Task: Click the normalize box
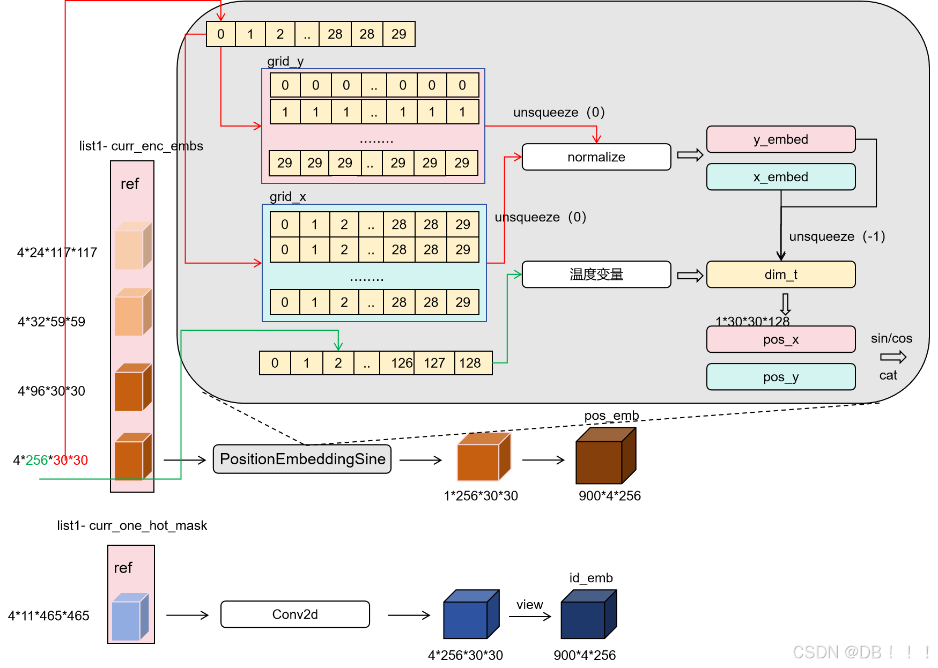tap(596, 157)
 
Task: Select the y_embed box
tap(780, 139)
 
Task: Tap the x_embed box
tap(780, 177)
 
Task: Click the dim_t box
tap(780, 274)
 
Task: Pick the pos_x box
tap(780, 339)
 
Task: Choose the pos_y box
tap(780, 377)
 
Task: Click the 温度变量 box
tap(596, 274)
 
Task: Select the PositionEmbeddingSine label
tap(302, 459)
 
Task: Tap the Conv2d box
tap(295, 614)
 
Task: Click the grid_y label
tap(285, 61)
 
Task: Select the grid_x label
tap(287, 197)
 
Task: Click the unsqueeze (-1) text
tap(836, 236)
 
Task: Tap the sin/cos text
tap(891, 338)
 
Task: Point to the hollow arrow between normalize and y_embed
tap(690, 155)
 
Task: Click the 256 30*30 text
tap(56, 460)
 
